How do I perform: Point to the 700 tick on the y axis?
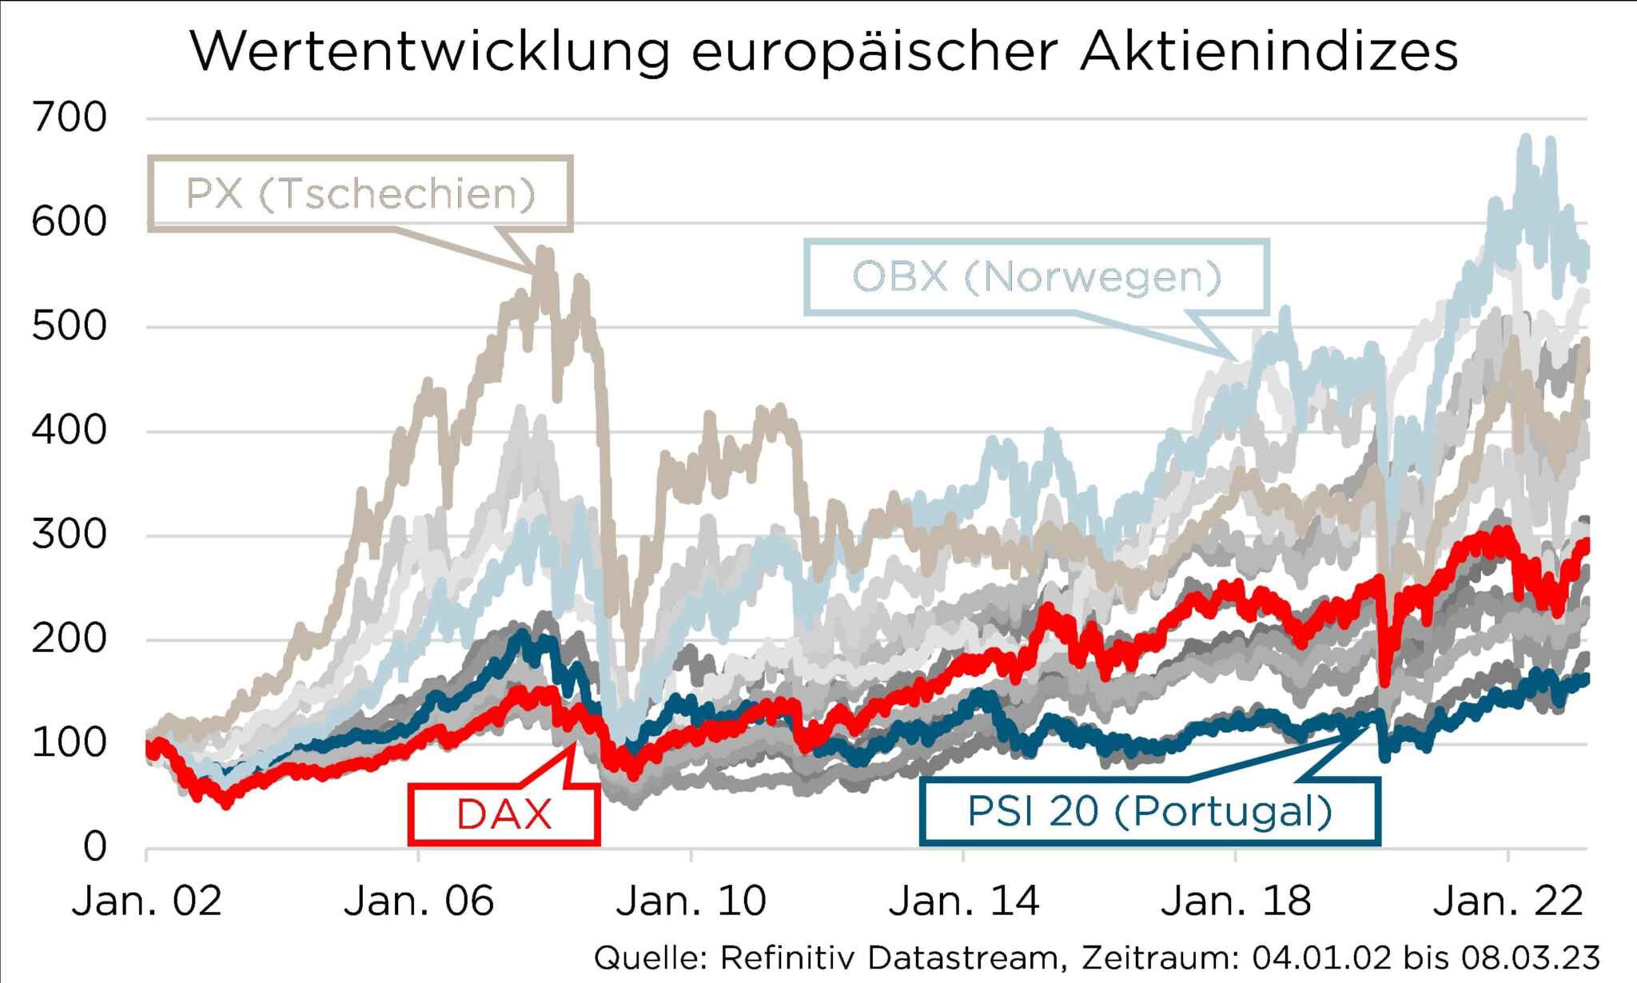tap(69, 118)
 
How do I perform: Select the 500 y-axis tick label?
tap(69, 327)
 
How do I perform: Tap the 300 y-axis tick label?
tap(69, 535)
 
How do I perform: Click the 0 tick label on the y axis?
tap(94, 846)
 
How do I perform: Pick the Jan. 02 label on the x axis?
tap(146, 901)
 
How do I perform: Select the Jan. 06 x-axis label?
tap(419, 901)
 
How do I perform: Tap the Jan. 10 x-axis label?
tap(691, 901)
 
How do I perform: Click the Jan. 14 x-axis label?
tap(963, 901)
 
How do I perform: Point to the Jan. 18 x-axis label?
tap(1236, 901)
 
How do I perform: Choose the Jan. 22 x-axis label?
tap(1508, 901)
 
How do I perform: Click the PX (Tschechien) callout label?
tap(360, 193)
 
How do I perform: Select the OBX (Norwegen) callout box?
tap(1037, 277)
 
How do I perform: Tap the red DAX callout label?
tap(504, 814)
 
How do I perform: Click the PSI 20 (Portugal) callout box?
tap(1149, 811)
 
